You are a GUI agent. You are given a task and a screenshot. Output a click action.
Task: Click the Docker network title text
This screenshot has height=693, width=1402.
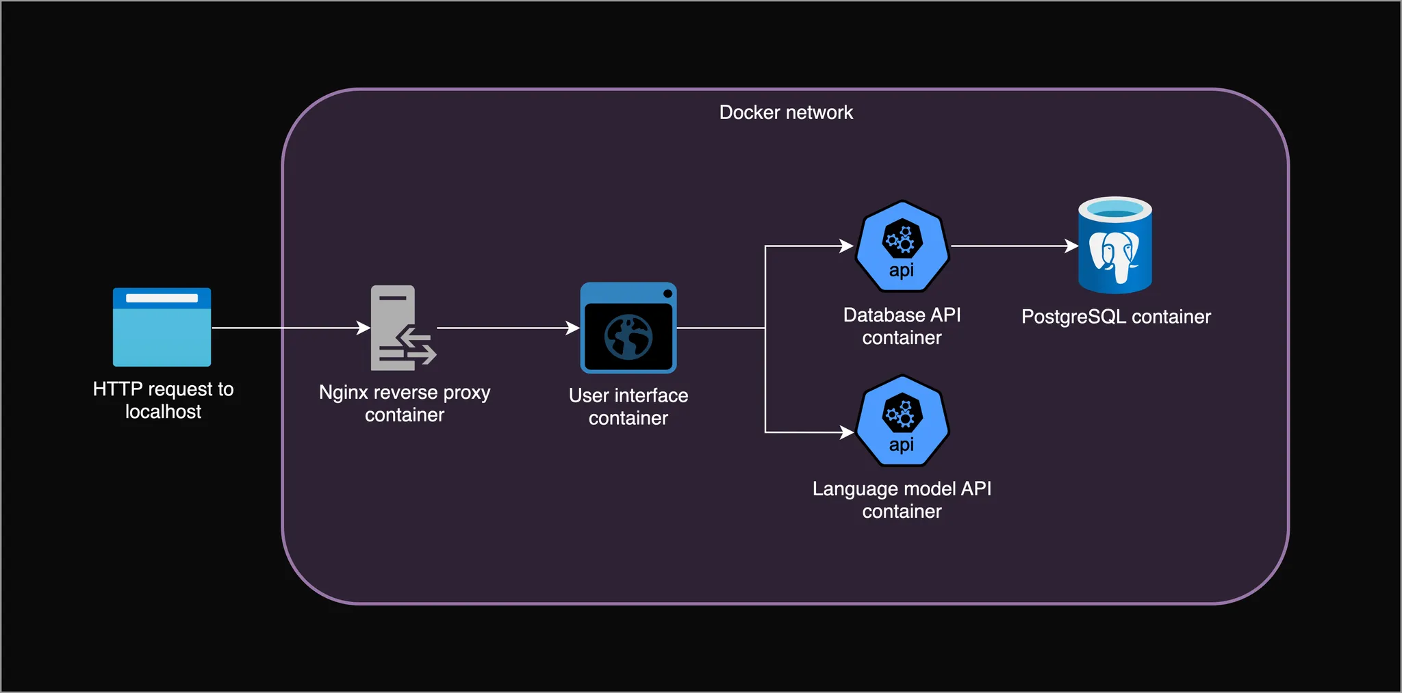[x=786, y=112]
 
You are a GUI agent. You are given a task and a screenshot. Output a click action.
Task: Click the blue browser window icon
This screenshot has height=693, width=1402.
[x=162, y=327]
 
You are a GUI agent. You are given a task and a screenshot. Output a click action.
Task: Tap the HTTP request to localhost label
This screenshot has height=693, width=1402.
[x=163, y=400]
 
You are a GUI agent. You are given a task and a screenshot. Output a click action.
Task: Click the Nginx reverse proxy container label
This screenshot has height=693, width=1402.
[x=405, y=404]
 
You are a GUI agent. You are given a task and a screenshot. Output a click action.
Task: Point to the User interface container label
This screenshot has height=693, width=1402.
[x=628, y=406]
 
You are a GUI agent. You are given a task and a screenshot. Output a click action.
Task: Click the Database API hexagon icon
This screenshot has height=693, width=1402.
[x=902, y=246]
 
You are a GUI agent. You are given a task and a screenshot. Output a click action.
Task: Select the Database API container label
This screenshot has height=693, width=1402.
[x=902, y=326]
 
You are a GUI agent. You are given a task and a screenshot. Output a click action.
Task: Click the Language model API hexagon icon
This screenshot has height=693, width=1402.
[x=902, y=421]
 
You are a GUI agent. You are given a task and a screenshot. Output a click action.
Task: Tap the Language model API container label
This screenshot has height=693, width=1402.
[x=902, y=500]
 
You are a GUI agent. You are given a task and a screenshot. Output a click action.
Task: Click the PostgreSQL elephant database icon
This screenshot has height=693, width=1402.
[x=1115, y=246]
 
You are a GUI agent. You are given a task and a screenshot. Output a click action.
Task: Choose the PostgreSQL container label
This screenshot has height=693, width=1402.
[x=1116, y=317]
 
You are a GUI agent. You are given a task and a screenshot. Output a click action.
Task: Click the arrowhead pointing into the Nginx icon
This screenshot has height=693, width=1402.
[x=364, y=328]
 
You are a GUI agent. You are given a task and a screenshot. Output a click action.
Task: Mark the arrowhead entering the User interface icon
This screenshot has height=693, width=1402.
[x=574, y=328]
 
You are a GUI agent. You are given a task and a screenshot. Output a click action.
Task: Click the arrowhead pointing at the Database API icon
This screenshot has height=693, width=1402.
[x=847, y=246]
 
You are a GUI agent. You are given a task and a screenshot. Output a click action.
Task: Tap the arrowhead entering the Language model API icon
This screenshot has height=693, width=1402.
[x=847, y=432]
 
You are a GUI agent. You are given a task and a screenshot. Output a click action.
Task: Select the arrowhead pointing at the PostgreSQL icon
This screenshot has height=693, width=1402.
[x=1072, y=246]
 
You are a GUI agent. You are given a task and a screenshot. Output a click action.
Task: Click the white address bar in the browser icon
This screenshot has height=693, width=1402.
[x=162, y=298]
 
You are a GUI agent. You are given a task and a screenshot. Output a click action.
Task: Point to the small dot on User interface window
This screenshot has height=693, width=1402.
[x=667, y=293]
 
